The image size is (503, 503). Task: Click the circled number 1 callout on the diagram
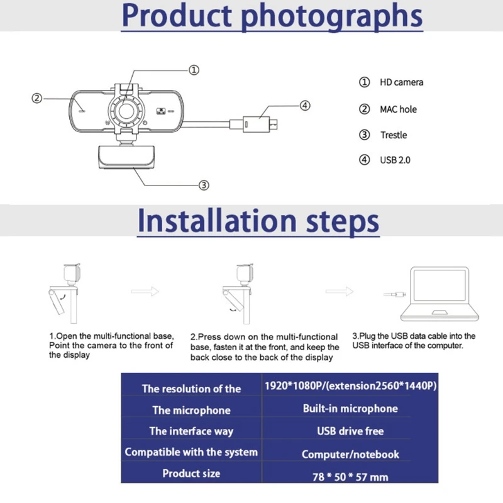(x=194, y=70)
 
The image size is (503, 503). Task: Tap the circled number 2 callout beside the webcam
(x=37, y=98)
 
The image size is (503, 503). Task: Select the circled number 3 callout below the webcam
(x=204, y=185)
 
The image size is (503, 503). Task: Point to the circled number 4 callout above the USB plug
(x=305, y=106)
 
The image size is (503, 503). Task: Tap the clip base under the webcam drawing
(x=126, y=158)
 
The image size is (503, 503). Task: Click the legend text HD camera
(x=401, y=82)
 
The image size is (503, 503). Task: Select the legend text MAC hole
(x=398, y=109)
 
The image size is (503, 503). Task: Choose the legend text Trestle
(x=394, y=135)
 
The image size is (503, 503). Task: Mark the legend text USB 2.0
(x=395, y=160)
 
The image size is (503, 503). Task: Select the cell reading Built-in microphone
(x=350, y=409)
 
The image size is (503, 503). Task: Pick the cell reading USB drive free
(x=350, y=431)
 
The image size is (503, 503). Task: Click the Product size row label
(x=191, y=473)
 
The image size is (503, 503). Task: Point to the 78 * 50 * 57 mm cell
(x=350, y=477)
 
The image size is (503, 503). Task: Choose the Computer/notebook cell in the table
(x=350, y=454)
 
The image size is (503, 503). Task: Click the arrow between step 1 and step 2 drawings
(x=145, y=292)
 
